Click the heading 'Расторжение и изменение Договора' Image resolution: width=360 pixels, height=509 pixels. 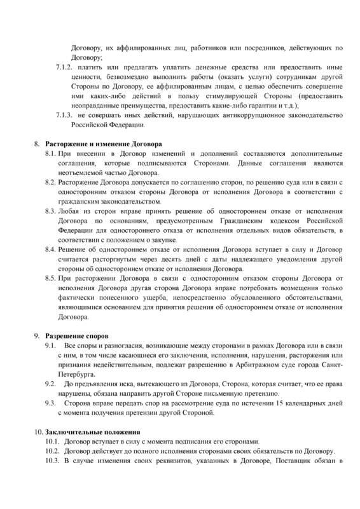click(102, 144)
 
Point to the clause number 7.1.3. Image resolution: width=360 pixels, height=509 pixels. click(65, 115)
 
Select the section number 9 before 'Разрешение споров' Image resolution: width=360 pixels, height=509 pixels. click(36, 335)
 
